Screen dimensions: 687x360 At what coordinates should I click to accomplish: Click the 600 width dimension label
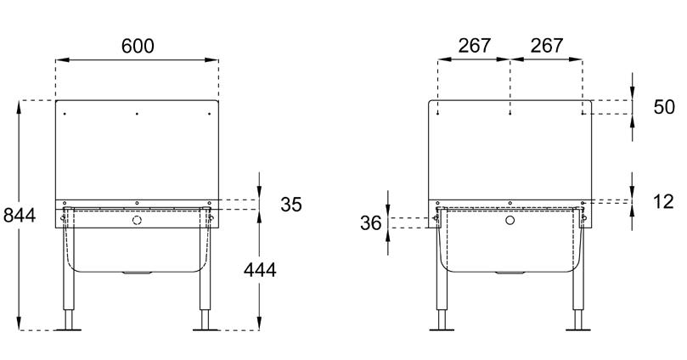click(x=138, y=46)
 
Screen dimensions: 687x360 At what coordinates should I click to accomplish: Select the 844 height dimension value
click(x=20, y=216)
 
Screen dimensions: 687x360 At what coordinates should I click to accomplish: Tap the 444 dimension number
click(x=260, y=270)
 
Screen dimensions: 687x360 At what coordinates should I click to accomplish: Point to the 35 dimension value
click(x=291, y=205)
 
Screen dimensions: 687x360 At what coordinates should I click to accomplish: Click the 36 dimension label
click(x=371, y=223)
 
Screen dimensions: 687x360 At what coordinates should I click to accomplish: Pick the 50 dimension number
click(x=664, y=107)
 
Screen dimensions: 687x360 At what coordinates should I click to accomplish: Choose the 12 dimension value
click(x=663, y=202)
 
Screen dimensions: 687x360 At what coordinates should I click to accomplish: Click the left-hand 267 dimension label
click(x=475, y=46)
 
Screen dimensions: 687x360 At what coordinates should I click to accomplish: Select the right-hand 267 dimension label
click(x=546, y=46)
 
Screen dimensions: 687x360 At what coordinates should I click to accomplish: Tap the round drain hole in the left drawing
click(x=137, y=220)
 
